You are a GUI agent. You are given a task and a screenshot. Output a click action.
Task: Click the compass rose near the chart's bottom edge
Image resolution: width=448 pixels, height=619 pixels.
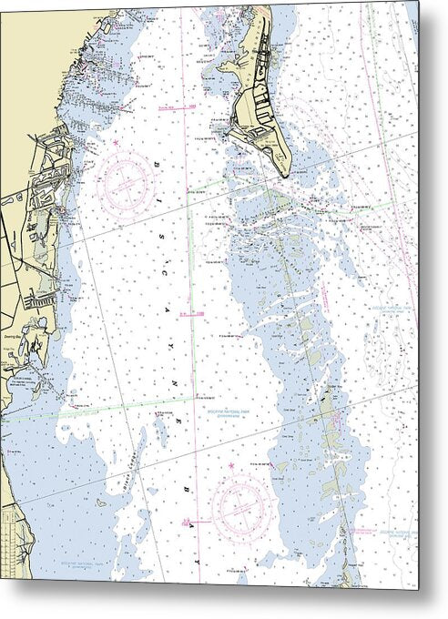click(x=239, y=504)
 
